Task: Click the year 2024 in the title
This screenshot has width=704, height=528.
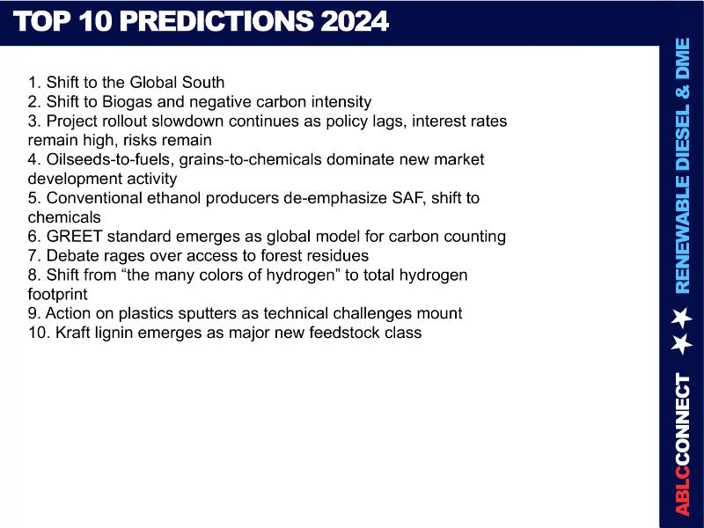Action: [355, 20]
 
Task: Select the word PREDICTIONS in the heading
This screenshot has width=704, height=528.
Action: [216, 20]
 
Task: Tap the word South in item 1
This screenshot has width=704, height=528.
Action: [203, 82]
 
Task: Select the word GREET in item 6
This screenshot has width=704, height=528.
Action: [75, 236]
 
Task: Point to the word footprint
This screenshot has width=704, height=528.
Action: [57, 294]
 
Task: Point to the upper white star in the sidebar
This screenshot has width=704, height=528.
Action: [681, 317]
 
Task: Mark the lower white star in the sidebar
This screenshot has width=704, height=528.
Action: [681, 344]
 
